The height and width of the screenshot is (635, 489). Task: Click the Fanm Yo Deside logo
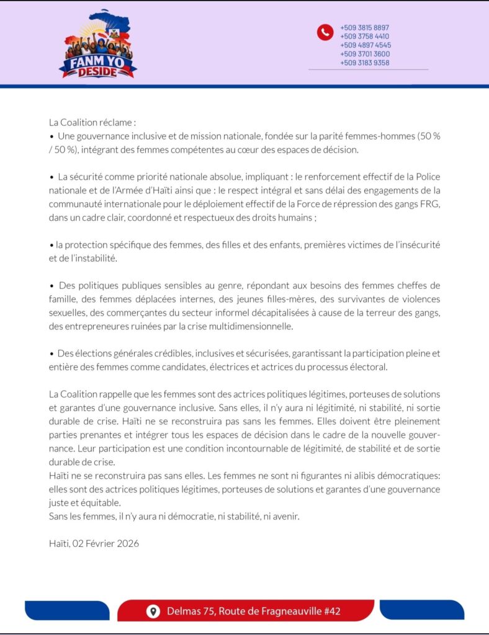(x=97, y=44)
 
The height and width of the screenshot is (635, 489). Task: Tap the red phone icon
(x=325, y=32)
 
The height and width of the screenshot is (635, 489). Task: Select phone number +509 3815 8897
(x=364, y=28)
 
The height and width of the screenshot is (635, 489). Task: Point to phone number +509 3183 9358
(x=364, y=63)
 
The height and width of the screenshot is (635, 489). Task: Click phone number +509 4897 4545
(x=365, y=45)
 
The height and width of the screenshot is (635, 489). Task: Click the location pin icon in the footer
(x=153, y=611)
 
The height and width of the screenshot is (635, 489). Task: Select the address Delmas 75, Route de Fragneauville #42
(x=253, y=611)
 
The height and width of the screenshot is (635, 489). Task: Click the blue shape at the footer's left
(x=58, y=610)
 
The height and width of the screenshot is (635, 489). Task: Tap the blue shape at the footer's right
(x=422, y=610)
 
